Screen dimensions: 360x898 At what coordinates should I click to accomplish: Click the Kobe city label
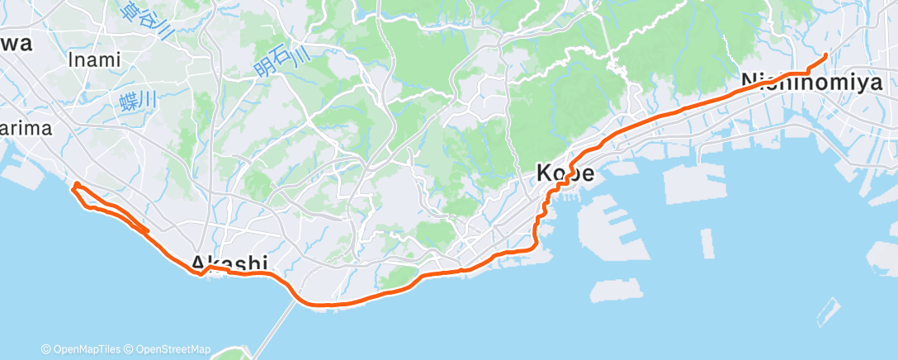click(566, 173)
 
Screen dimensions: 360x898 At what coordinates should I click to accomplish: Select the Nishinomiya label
click(812, 82)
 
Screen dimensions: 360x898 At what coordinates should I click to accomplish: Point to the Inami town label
click(94, 59)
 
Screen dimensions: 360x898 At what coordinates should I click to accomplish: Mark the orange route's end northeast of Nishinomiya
click(826, 55)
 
